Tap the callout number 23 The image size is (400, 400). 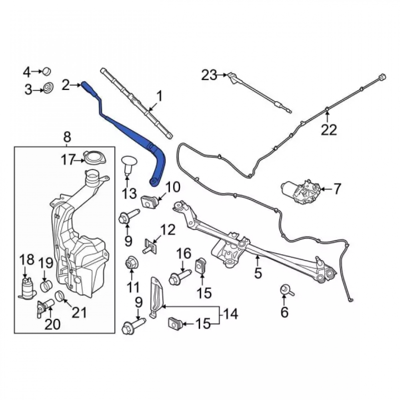click(x=209, y=75)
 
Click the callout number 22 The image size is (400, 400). click(x=329, y=130)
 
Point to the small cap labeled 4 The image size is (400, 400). click(x=47, y=72)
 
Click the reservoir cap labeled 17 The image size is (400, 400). click(x=94, y=158)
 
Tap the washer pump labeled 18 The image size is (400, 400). click(x=28, y=288)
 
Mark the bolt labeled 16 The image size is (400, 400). click(x=180, y=276)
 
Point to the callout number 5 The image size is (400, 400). click(x=258, y=273)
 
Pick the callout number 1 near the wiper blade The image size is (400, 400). click(x=160, y=97)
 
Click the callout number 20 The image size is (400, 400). click(x=52, y=324)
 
